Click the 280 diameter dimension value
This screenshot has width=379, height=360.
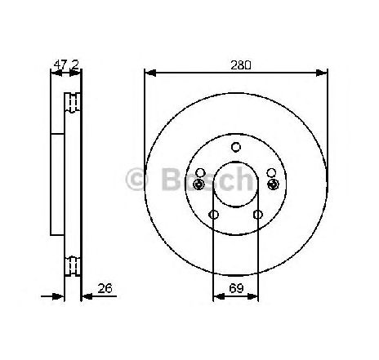tap(241, 65)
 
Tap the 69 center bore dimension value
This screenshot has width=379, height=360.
tap(236, 288)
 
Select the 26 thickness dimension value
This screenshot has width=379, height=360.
tap(105, 288)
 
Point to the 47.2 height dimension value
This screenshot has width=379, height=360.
tap(66, 65)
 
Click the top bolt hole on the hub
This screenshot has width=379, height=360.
tap(236, 147)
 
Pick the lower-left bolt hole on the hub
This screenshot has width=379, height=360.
tap(214, 215)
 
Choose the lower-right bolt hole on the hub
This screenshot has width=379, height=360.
tap(258, 215)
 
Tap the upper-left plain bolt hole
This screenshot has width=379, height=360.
tap(200, 172)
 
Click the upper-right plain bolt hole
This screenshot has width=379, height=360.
tap(271, 172)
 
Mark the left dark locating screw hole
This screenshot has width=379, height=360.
tap(198, 184)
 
